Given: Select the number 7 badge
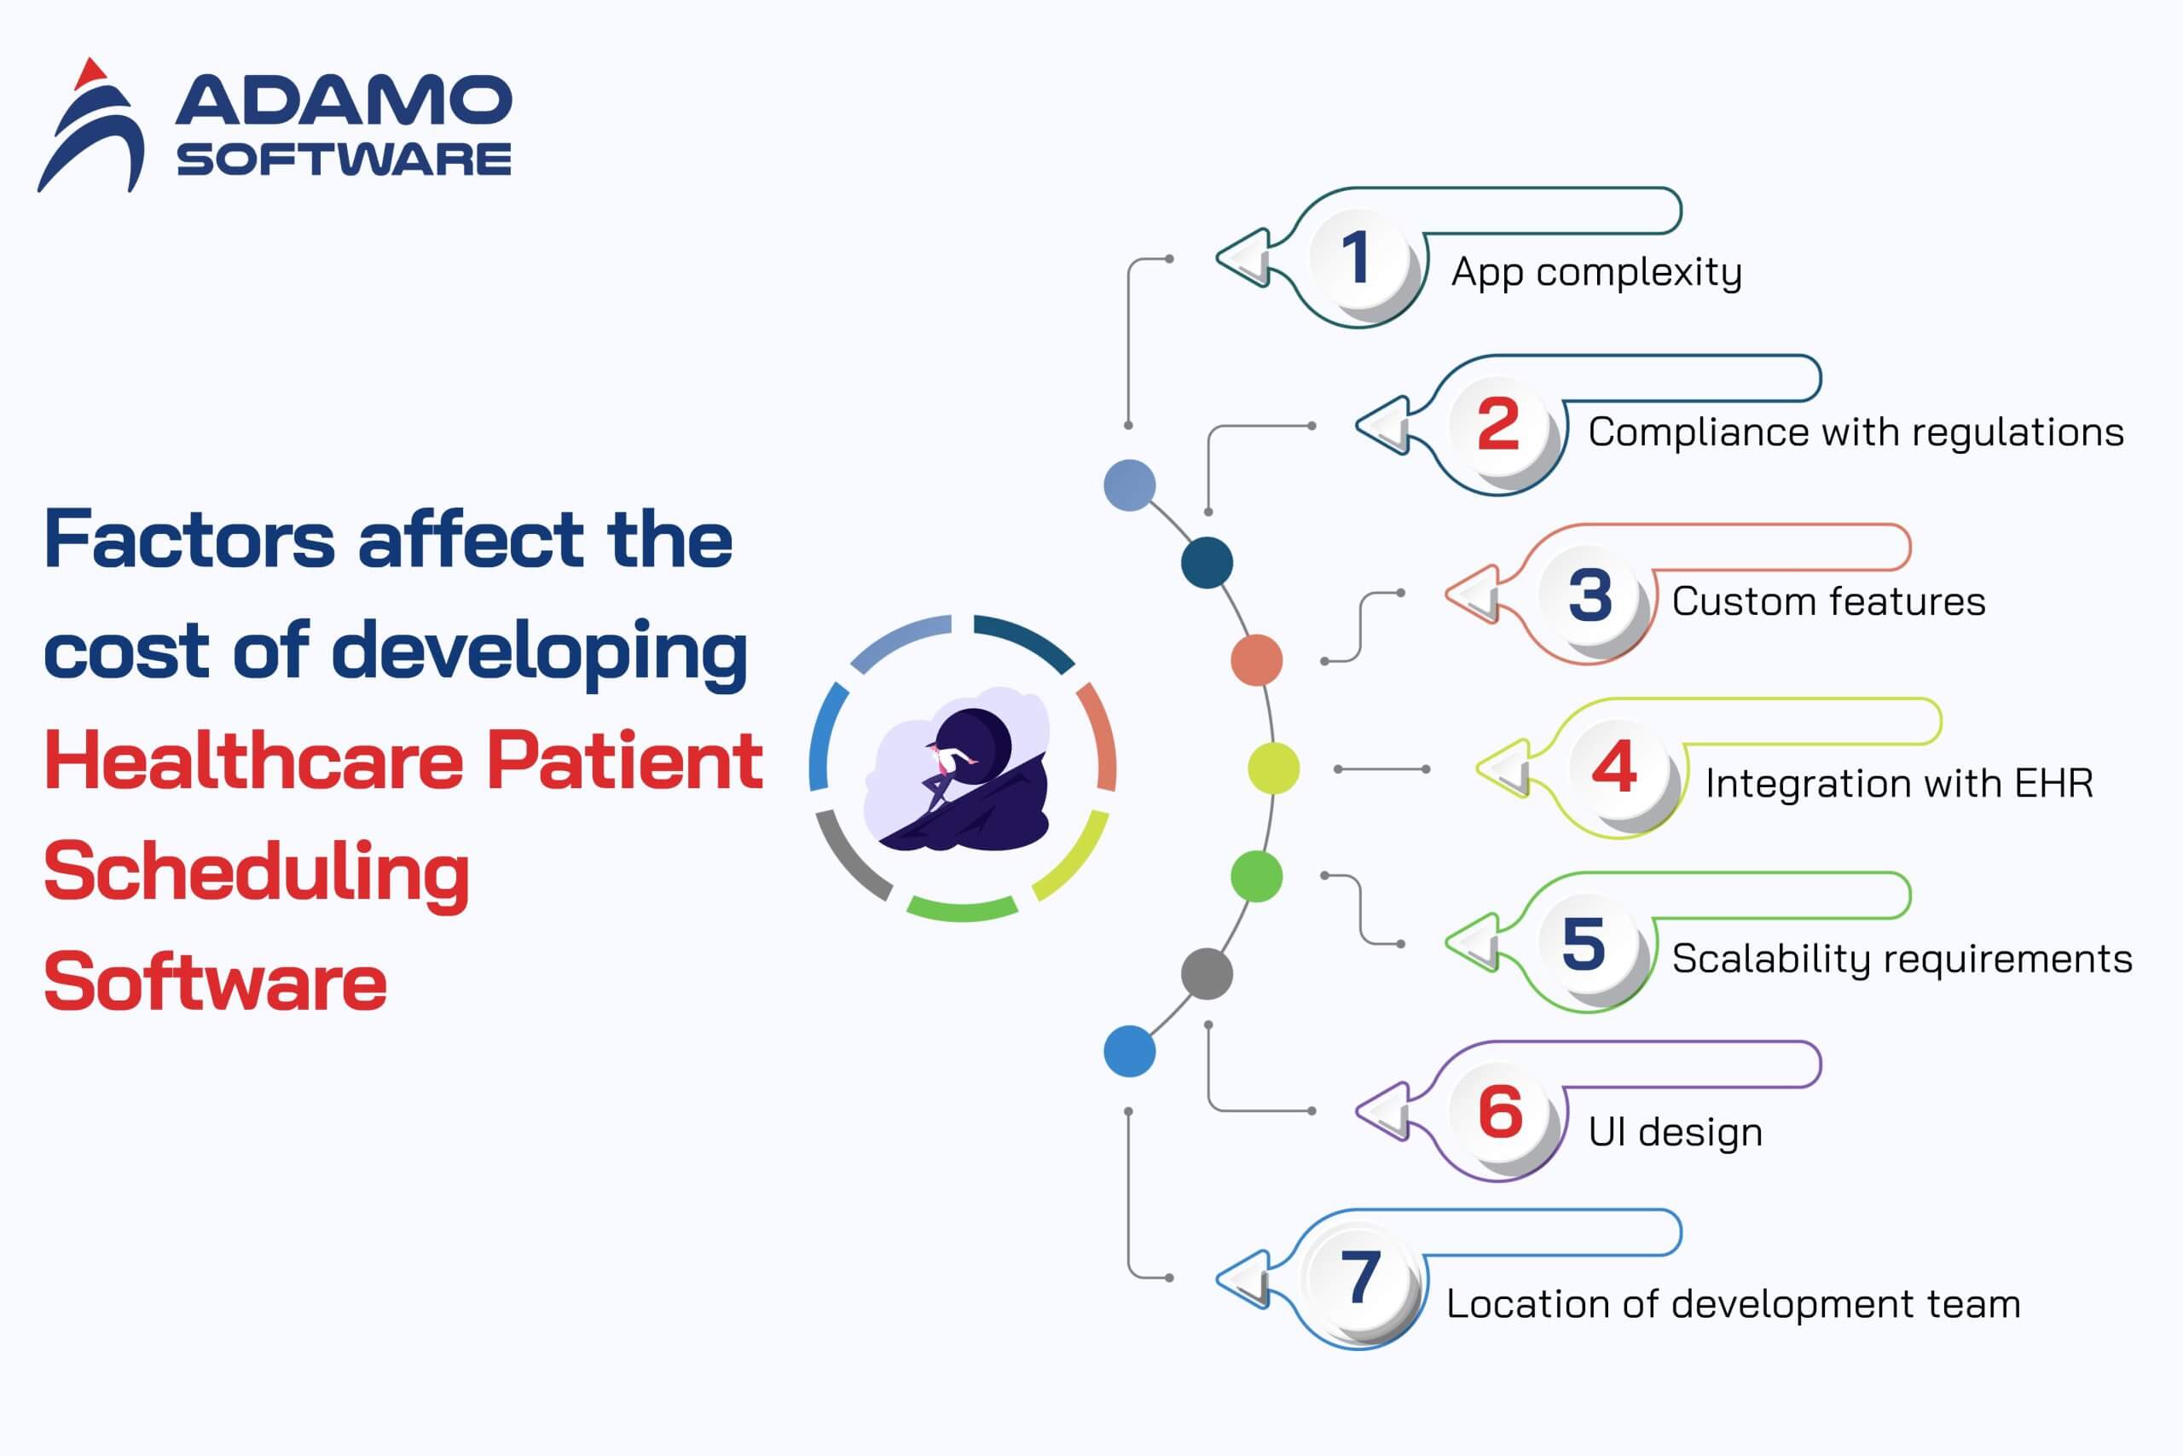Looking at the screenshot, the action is coord(1361,1279).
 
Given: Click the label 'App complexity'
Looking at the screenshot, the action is coord(1596,273).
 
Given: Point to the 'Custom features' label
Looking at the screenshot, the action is coord(1828,601).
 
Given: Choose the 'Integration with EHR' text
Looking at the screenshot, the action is coord(1899,784).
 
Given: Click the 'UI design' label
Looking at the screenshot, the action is coord(1676,1133).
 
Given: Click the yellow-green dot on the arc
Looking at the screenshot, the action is coord(1273,769).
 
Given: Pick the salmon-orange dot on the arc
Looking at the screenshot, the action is coord(1257,660).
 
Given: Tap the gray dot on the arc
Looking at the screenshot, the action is coord(1207,974).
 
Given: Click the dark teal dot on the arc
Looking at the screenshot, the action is coord(1207,563).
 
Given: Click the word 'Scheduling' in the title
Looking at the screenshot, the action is coord(256,873).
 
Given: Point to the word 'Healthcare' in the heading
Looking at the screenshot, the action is coord(253,761).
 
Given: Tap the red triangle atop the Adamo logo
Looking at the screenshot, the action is coord(90,74).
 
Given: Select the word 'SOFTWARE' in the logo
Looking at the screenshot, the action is coord(344,160).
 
